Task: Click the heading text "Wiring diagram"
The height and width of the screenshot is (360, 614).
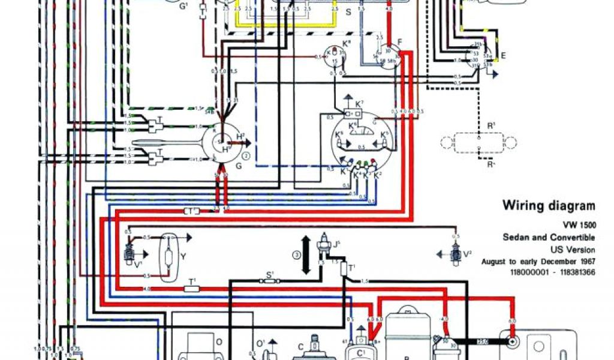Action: [x=549, y=206]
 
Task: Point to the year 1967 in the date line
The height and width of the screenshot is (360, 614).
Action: [x=585, y=262]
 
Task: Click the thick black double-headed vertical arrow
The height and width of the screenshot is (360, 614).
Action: [x=306, y=255]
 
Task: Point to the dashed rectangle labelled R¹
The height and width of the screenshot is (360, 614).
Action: [x=478, y=143]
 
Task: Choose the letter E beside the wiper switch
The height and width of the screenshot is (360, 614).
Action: [x=503, y=56]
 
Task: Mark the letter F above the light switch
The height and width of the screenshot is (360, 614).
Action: [x=399, y=42]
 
